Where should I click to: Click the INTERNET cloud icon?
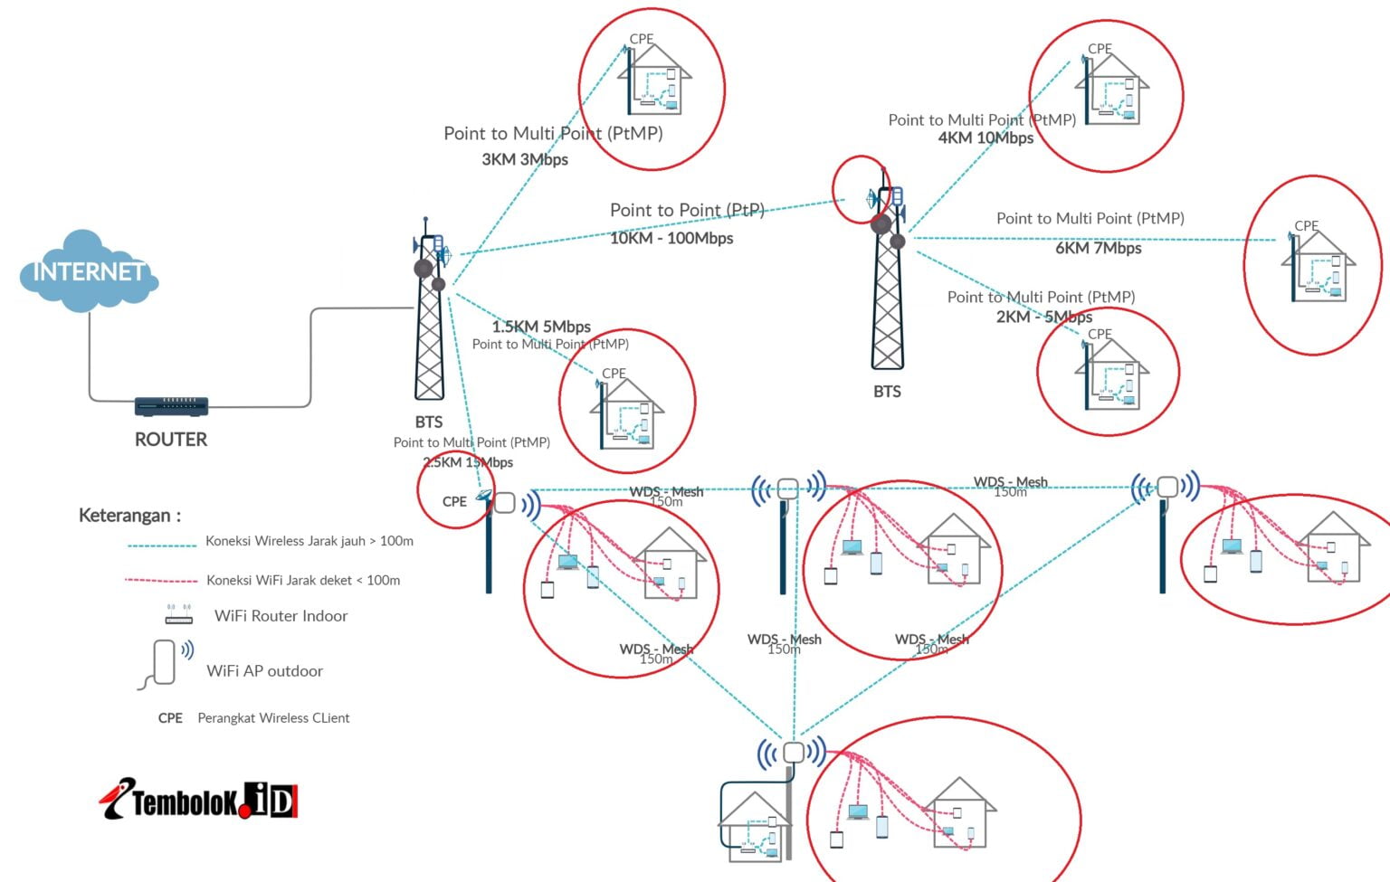point(88,271)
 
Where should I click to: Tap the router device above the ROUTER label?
point(171,406)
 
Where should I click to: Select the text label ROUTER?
point(171,440)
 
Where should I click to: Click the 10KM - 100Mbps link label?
point(671,239)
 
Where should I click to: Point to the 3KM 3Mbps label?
point(525,160)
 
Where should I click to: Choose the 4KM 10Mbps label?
point(985,138)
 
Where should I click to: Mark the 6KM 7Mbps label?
point(1098,248)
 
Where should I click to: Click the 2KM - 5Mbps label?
point(1044,317)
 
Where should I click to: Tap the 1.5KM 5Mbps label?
point(541,327)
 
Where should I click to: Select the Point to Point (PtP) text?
point(687,211)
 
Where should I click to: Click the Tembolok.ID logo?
point(199,800)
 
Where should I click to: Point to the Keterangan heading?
point(129,516)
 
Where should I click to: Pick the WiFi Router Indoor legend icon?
point(178,615)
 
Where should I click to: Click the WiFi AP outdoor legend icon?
point(167,664)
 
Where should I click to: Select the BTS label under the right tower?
point(887,392)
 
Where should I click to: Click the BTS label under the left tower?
point(429,422)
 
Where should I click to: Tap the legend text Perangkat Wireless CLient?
point(273,718)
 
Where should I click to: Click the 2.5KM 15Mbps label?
point(468,462)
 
